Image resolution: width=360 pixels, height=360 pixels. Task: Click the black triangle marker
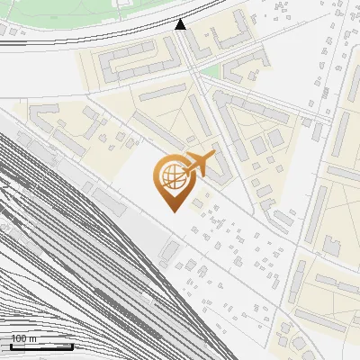(x=181, y=24)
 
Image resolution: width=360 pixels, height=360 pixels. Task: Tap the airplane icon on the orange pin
(x=198, y=164)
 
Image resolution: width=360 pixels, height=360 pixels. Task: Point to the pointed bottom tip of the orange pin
(x=172, y=211)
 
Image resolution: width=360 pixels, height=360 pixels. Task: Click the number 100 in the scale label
(x=19, y=338)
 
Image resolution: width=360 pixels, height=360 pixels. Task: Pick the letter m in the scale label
(x=33, y=338)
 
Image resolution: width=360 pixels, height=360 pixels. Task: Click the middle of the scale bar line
(x=41, y=346)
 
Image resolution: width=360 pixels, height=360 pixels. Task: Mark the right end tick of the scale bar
(x=73, y=346)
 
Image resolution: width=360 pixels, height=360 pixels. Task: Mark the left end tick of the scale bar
(x=10, y=346)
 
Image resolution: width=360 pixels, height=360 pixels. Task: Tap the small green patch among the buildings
(x=209, y=70)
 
